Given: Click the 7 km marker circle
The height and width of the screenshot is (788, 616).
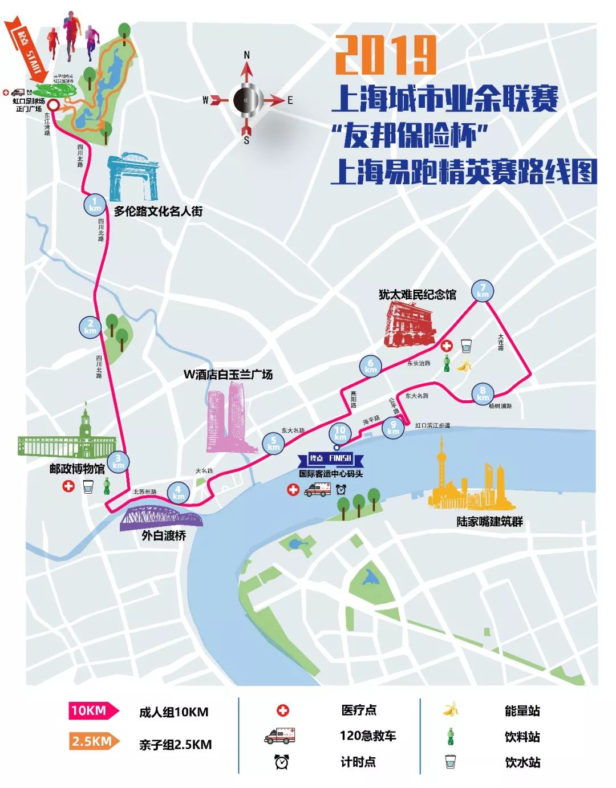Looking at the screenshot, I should point(483,291).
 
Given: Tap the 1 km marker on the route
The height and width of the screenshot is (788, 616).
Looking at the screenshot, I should point(95,205).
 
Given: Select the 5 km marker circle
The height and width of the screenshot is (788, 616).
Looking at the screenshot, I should point(273,443).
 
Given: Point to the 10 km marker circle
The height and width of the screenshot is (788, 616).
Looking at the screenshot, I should point(340,433).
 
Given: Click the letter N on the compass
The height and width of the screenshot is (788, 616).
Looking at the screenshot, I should point(246,55).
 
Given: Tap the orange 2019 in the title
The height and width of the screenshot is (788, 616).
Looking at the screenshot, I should point(386,55).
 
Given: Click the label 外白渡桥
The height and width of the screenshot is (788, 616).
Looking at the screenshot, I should point(164,535).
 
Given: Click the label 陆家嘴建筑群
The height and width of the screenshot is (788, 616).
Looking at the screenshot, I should point(489,521).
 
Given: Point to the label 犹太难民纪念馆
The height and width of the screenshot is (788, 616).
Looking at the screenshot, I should point(418,294).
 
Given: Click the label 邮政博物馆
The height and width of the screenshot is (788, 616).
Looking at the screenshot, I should point(77,469).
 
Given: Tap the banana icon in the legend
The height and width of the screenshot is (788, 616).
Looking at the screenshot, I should point(451,709).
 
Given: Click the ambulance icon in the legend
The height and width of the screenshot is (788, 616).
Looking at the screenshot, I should point(280,736).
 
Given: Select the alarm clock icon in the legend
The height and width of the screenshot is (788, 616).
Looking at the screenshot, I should point(282,761).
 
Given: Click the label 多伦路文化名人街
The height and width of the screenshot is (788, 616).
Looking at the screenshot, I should point(158,211).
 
